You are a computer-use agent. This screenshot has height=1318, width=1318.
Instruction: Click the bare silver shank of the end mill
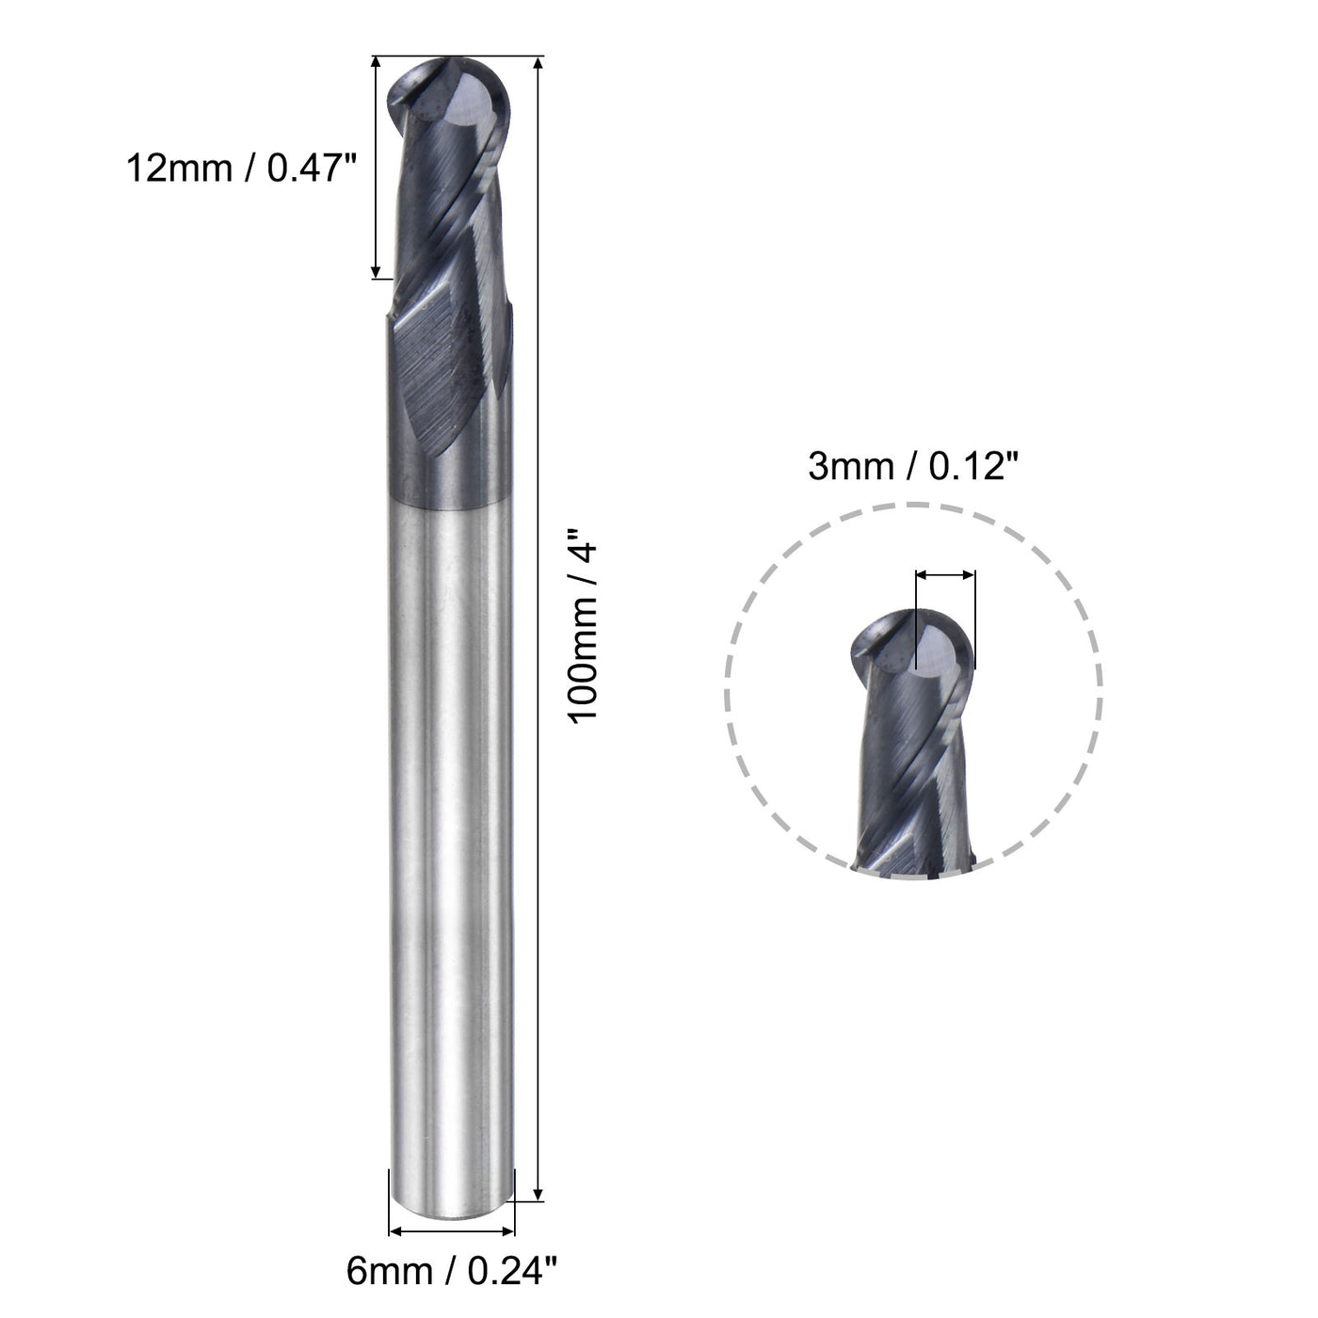452,847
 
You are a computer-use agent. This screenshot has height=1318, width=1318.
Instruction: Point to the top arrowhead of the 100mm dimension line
538,64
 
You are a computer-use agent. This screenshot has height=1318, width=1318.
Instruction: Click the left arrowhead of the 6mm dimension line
395,1230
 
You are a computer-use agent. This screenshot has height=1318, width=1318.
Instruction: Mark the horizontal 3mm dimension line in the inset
945,573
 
